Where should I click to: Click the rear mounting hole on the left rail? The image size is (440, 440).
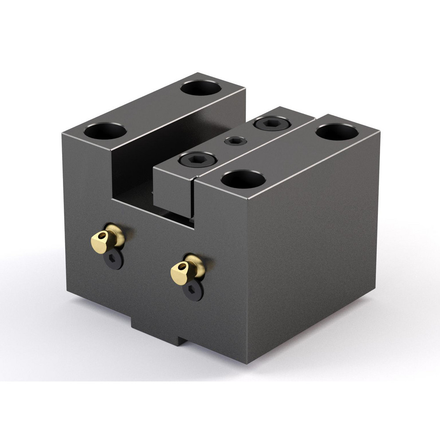(x=201, y=88)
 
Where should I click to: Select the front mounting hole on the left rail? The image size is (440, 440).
(x=106, y=131)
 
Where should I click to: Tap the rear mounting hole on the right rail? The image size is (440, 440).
(x=337, y=132)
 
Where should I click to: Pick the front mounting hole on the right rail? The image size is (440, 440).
(x=243, y=179)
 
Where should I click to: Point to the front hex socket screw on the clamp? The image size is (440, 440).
(x=198, y=159)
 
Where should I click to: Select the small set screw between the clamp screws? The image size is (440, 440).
(x=235, y=141)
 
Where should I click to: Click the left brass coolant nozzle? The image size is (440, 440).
(x=107, y=238)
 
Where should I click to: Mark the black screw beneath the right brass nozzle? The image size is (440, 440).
(x=193, y=291)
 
